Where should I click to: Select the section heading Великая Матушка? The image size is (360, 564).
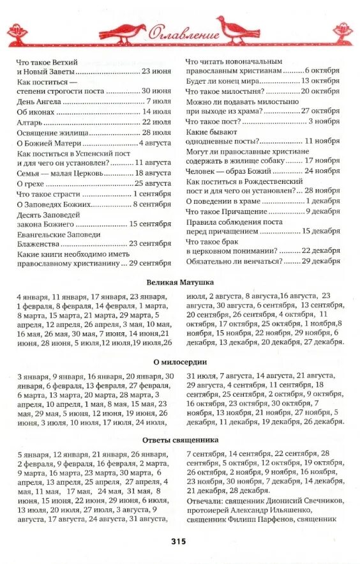pos(180,282)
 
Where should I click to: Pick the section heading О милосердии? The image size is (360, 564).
pos(180,362)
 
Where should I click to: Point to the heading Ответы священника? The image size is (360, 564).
pos(180,440)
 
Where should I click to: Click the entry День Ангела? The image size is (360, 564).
pos(39,101)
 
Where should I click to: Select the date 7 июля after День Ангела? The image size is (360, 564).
pos(158,101)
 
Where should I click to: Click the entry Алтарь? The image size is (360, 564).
pos(29,121)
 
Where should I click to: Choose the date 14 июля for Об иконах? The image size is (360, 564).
pos(156,111)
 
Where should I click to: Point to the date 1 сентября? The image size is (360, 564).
pos(153,194)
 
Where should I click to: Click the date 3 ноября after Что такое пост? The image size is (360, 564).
pos(324,121)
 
